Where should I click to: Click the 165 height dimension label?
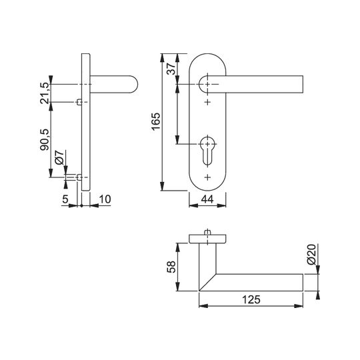(156, 121)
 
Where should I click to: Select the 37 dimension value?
(171, 69)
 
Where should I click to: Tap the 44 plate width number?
(207, 199)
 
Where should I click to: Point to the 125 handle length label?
(251, 299)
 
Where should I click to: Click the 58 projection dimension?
(171, 267)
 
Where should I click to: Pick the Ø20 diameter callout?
(312, 255)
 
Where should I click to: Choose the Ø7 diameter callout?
(59, 157)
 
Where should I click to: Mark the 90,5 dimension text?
(44, 139)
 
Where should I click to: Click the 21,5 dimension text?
(44, 93)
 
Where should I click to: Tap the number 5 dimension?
(65, 199)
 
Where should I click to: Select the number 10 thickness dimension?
(105, 199)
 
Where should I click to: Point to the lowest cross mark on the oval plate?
(207, 177)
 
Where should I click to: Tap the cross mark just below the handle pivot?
(207, 102)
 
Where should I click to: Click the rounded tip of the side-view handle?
(136, 84)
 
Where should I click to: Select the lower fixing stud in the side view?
(79, 177)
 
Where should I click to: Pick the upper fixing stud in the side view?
(79, 102)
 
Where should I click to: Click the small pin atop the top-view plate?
(207, 233)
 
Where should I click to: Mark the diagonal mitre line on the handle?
(207, 282)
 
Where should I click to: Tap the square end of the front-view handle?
(303, 84)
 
